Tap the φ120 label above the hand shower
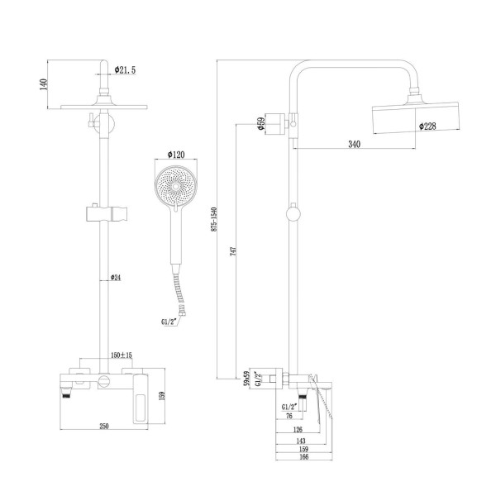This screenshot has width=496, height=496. [176, 155]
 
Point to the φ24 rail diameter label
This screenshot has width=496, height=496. [116, 277]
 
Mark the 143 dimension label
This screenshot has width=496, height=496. [299, 440]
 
